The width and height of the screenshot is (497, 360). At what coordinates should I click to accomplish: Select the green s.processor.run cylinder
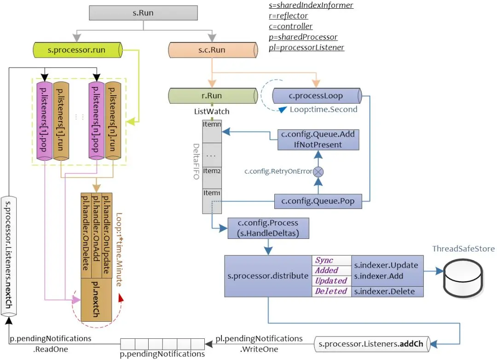coord(76,49)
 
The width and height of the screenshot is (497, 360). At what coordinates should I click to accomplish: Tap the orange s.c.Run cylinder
coord(212,49)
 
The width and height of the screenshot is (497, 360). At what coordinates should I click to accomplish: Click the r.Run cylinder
coord(212,96)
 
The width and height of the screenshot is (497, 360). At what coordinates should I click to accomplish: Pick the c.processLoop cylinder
coord(315,96)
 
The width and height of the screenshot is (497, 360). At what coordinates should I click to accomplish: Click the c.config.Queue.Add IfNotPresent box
coord(318,139)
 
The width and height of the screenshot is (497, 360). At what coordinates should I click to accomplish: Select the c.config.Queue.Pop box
coord(318,201)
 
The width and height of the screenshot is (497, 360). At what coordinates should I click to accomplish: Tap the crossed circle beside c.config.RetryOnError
coord(318,172)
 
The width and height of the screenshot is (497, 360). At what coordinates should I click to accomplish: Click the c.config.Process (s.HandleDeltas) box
coord(268,229)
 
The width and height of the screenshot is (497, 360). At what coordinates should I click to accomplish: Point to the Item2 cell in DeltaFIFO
coord(212,171)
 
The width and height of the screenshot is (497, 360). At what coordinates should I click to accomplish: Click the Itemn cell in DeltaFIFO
coord(212,124)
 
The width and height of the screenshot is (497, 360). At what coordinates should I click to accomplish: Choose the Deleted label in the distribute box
coord(331,291)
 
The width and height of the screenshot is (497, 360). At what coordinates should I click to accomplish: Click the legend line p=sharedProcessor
coord(303,37)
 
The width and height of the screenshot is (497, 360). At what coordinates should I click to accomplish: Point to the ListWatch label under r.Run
coord(212,111)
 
